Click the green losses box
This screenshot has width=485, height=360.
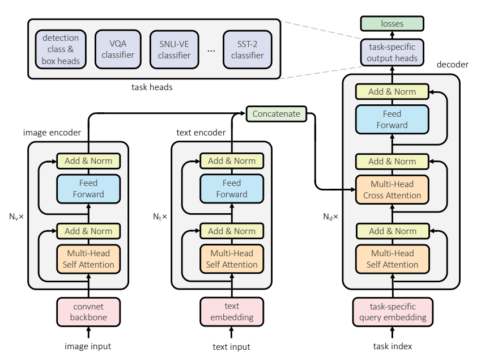[x=392, y=23]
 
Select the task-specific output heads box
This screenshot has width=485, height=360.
[x=392, y=52]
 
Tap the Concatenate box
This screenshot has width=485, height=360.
[x=276, y=114]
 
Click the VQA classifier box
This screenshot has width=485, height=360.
[x=118, y=49]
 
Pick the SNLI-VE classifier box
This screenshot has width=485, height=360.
[x=174, y=49]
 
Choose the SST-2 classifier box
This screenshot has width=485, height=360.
[x=248, y=49]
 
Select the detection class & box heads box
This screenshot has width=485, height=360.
[x=61, y=49]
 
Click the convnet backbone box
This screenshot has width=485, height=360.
[x=88, y=312]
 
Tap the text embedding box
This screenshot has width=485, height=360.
[x=232, y=312]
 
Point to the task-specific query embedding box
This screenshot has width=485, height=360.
[x=393, y=312]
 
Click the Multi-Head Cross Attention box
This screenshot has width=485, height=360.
[x=392, y=190]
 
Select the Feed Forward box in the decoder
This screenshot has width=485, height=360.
[x=392, y=120]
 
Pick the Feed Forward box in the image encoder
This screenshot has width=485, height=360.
[x=88, y=189]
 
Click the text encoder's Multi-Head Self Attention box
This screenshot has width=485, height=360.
[x=232, y=259]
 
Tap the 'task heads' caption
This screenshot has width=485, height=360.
[x=152, y=87]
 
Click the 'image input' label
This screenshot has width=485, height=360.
[x=88, y=346]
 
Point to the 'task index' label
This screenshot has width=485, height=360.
[x=393, y=346]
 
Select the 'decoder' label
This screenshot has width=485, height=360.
[x=453, y=65]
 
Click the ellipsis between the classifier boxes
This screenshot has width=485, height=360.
[x=211, y=50]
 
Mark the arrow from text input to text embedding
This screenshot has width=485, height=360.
[x=232, y=332]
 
